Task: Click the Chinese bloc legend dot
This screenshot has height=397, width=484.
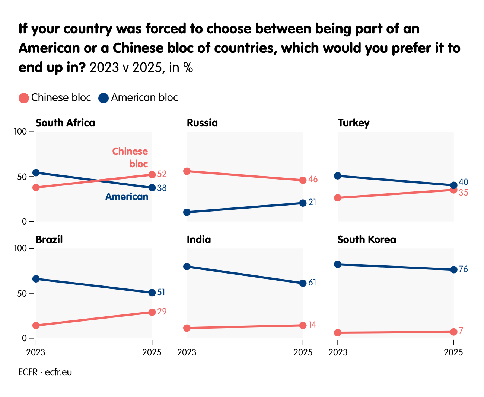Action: tap(24, 98)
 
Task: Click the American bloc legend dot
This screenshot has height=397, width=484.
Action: tap(104, 98)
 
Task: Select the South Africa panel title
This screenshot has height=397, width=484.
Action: tap(65, 123)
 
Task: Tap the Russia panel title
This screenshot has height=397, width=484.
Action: tap(202, 123)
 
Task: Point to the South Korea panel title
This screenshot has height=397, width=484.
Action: tap(366, 240)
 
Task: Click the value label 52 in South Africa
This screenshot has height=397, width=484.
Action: tap(162, 174)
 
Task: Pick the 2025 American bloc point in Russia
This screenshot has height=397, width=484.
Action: tap(303, 203)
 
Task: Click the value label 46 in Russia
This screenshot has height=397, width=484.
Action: tap(313, 180)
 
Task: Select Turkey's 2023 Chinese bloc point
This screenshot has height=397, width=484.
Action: tap(338, 198)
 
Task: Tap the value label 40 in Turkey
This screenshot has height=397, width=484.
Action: tap(463, 182)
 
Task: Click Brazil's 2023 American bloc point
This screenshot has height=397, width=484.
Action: tap(36, 279)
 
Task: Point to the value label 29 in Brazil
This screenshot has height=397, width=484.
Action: tap(162, 312)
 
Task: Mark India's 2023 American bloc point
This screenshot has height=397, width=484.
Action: tap(187, 267)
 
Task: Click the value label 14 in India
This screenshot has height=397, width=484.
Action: tap(312, 325)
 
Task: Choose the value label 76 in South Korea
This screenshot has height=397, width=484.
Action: tap(463, 269)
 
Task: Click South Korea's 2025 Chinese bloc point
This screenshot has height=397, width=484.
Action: tap(453, 332)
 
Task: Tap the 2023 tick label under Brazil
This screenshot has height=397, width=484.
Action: tap(36, 352)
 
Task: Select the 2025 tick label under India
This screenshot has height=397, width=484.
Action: tap(303, 352)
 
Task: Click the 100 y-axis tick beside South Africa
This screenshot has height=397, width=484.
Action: tap(20, 132)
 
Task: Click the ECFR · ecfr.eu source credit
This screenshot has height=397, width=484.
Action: tap(45, 372)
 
